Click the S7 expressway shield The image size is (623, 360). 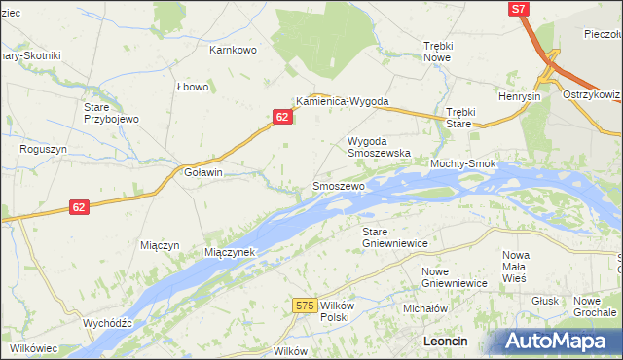coord(520,9)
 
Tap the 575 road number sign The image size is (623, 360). coord(305,306)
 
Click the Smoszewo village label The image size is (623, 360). coord(338,185)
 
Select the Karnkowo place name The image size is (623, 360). coord(233,49)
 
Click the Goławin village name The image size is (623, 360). coord(203,172)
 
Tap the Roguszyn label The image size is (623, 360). coord(43,150)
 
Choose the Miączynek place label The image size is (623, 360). coord(230,252)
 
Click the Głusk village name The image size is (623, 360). coord(545,302)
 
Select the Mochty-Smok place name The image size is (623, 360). coord(463,164)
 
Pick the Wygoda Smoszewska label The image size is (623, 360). coord(380,147)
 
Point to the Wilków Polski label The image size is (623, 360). coord(335,311)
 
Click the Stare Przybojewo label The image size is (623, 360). coord(112,112)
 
